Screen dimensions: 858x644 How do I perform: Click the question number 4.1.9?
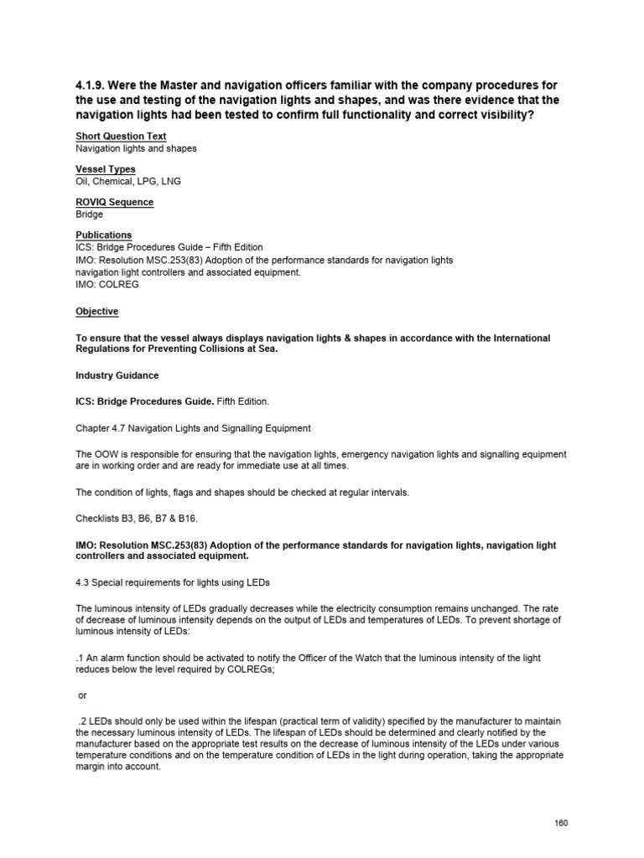click(93, 86)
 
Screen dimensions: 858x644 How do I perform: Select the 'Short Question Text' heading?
click(121, 137)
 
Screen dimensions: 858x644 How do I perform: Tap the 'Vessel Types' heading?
click(106, 169)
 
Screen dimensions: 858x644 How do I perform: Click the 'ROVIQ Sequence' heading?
click(114, 203)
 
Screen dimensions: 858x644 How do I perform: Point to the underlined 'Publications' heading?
click(103, 235)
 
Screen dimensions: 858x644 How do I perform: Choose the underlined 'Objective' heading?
click(96, 312)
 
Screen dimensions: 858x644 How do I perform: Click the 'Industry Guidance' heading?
click(117, 376)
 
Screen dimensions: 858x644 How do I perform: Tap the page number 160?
click(561, 823)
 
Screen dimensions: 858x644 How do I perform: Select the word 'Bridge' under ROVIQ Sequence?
click(90, 214)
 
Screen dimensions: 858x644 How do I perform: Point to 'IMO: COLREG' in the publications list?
click(107, 284)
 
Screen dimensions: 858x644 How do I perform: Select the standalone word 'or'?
click(82, 695)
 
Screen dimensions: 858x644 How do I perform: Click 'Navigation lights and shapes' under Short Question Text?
click(136, 148)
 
